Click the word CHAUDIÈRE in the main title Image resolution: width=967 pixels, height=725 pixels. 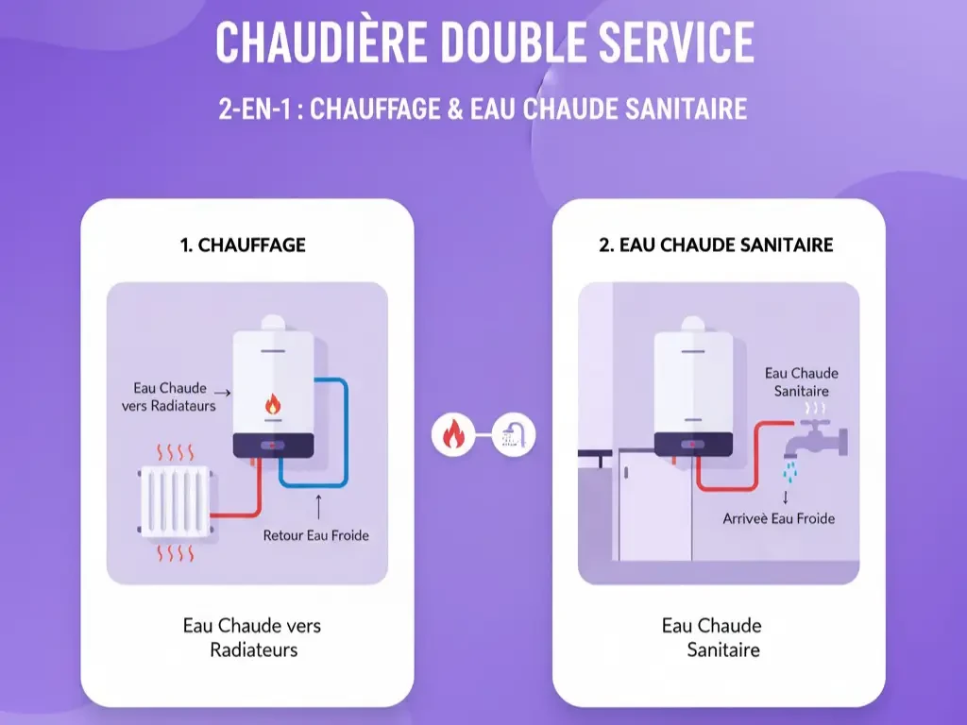click(x=322, y=42)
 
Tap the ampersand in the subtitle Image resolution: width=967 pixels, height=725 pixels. click(x=454, y=109)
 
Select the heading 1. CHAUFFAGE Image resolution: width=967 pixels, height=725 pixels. click(x=243, y=245)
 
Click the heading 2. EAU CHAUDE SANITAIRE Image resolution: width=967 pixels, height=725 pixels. click(x=716, y=245)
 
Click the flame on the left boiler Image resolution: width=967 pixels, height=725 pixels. click(x=273, y=404)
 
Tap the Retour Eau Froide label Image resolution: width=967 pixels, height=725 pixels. click(x=315, y=535)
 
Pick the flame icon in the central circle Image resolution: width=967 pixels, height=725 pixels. click(x=452, y=435)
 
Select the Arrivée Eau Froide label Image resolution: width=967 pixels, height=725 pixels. click(x=778, y=518)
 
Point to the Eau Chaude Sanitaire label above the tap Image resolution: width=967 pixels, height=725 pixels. click(x=801, y=382)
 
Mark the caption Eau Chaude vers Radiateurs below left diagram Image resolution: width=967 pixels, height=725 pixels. click(x=252, y=637)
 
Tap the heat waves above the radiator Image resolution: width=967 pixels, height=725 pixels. click(x=175, y=451)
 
